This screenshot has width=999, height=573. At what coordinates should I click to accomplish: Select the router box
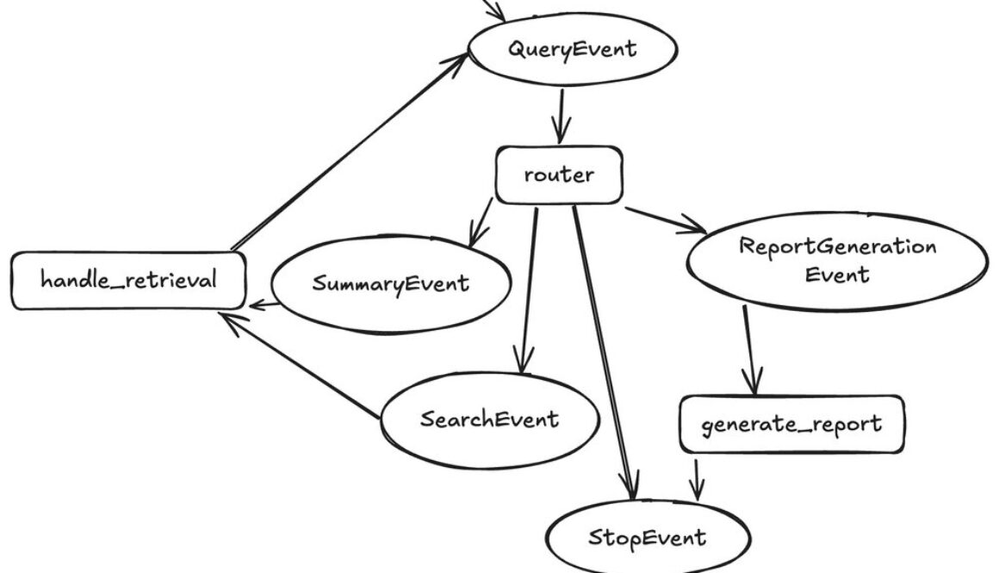558,175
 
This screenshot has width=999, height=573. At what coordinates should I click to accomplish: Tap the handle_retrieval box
128,280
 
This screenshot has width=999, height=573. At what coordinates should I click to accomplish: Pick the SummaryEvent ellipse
391,283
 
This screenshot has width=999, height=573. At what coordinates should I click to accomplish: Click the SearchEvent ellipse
489,420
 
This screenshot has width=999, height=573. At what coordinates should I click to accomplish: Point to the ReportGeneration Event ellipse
837,261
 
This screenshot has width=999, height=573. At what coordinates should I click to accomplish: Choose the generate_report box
791,424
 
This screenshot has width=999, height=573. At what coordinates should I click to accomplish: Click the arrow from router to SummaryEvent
481,223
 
